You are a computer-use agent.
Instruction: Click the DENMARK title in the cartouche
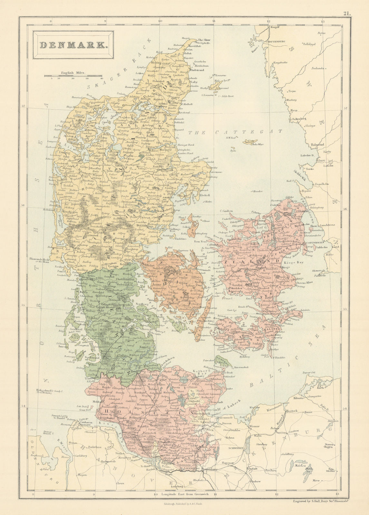[74, 45]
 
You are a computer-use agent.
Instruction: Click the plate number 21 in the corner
[347, 14]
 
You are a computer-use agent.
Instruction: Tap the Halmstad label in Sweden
[317, 145]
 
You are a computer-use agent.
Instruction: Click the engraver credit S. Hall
[309, 501]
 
